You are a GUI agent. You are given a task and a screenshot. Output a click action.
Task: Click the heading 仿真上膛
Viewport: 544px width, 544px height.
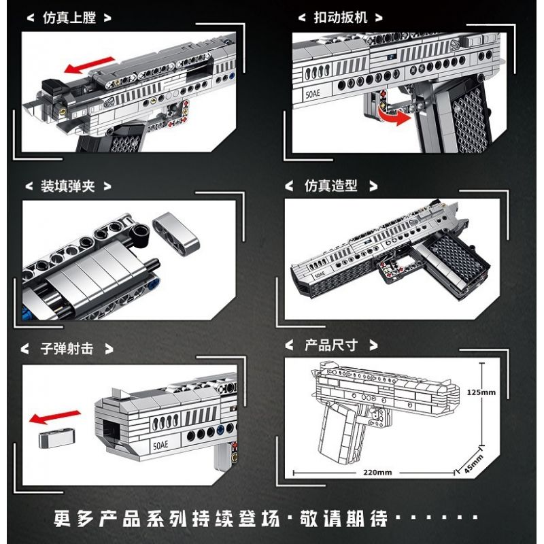click(x=67, y=18)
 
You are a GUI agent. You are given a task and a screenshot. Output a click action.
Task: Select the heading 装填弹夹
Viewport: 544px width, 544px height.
click(x=67, y=186)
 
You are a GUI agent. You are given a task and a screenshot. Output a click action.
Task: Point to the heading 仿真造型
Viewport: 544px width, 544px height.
click(x=330, y=186)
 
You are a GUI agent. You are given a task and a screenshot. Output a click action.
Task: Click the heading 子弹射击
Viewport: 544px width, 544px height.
click(x=67, y=349)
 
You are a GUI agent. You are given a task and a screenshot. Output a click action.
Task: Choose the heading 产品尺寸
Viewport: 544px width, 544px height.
click(x=330, y=345)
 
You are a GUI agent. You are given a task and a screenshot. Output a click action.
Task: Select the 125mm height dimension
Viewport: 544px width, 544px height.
click(x=481, y=392)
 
